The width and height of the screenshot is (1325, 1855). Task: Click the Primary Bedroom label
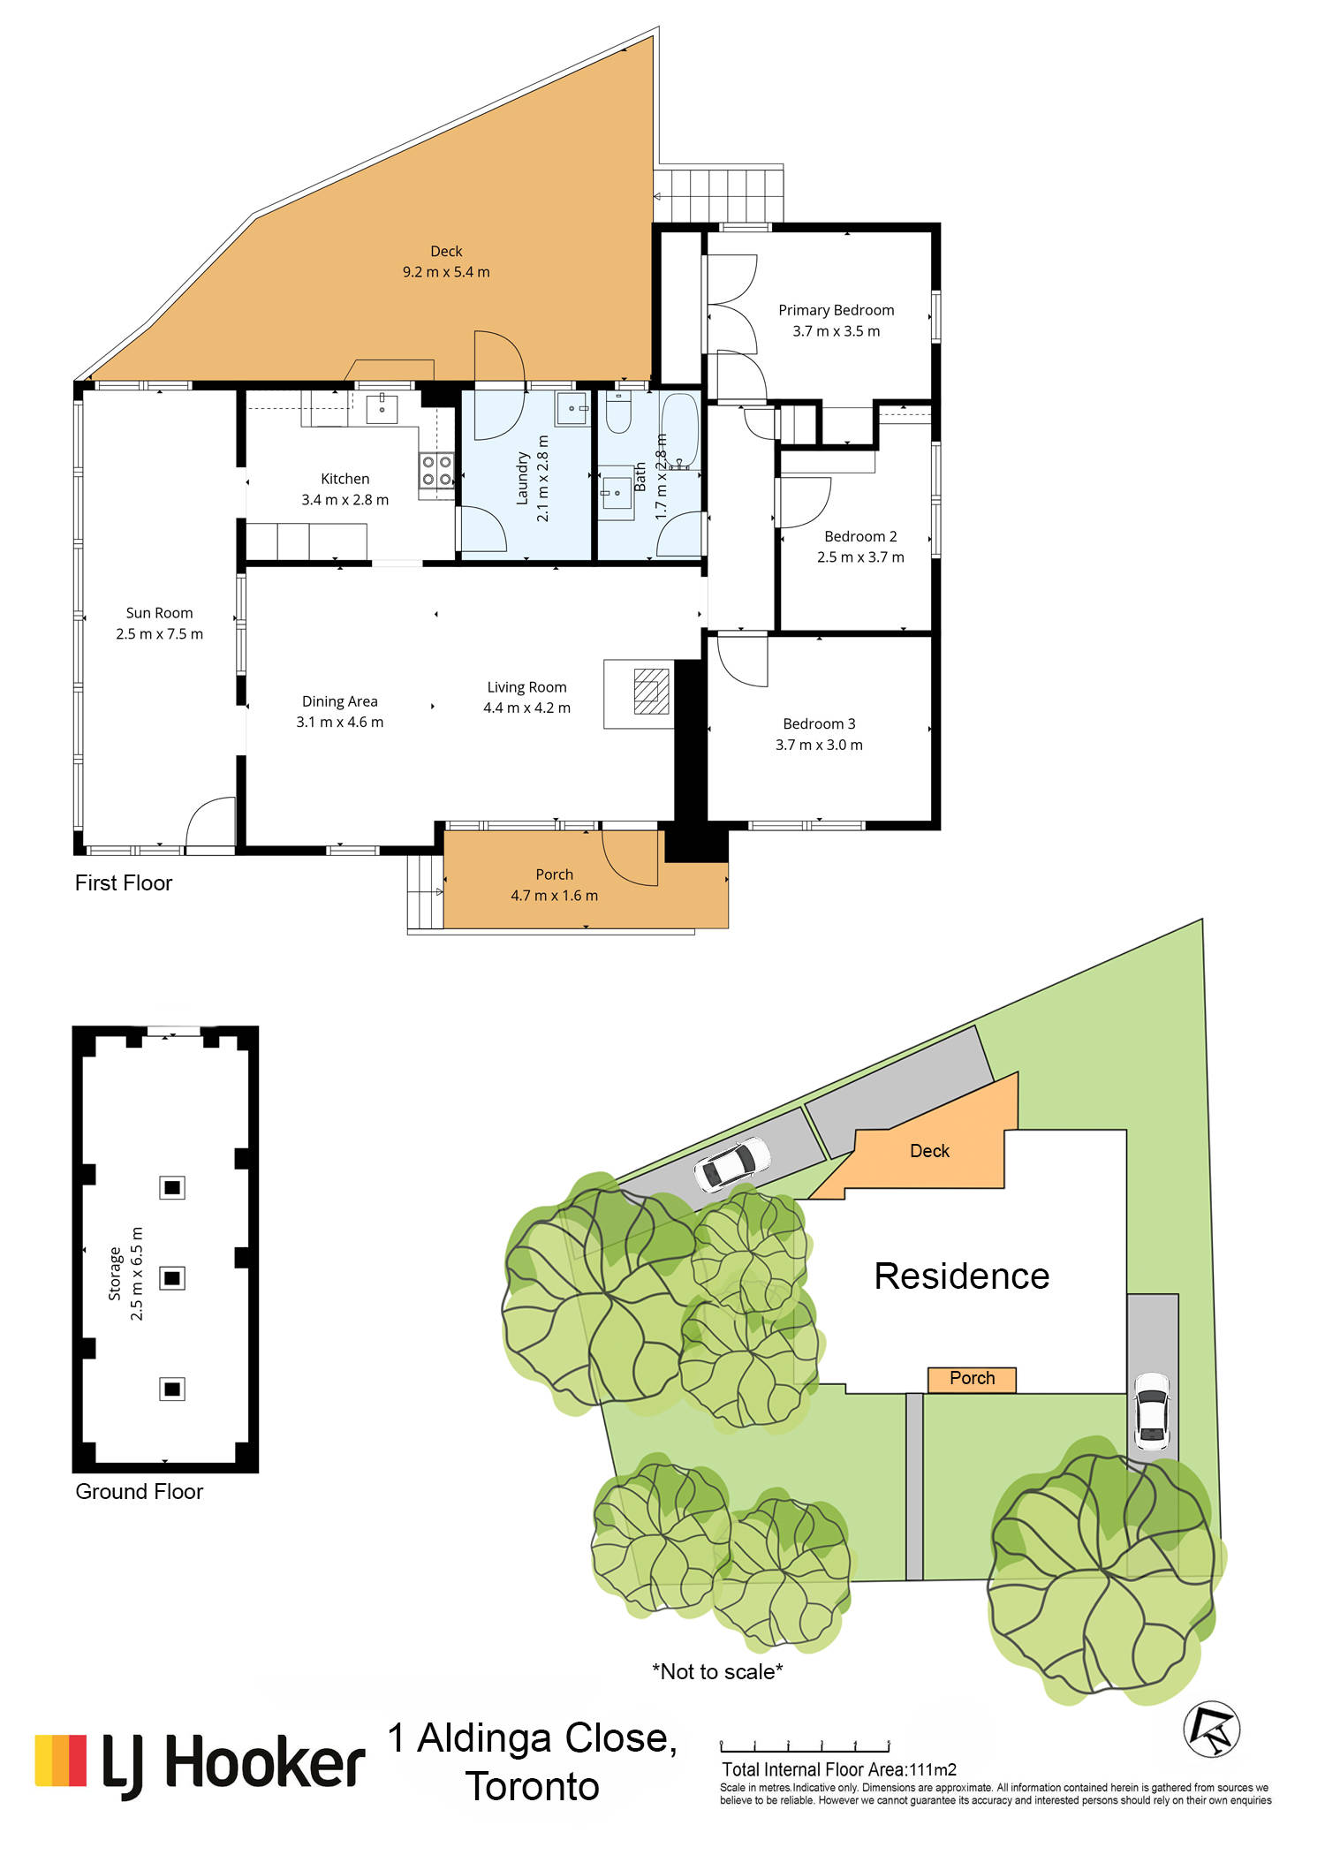pyautogui.click(x=836, y=310)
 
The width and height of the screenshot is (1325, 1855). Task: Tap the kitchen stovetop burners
pyautogui.click(x=436, y=471)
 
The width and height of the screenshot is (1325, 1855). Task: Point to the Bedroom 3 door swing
pyautogui.click(x=742, y=661)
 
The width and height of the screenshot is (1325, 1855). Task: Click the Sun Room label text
pyautogui.click(x=159, y=613)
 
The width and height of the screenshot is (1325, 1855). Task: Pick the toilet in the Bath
pyautogui.click(x=618, y=413)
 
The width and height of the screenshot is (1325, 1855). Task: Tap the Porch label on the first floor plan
pyautogui.click(x=554, y=874)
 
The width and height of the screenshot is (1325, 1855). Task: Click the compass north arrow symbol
pyautogui.click(x=1212, y=1730)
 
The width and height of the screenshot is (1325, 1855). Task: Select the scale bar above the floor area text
pyautogui.click(x=805, y=1745)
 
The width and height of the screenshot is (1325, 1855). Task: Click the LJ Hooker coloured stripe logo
pyautogui.click(x=61, y=1760)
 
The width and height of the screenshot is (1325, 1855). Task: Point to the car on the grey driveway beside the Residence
pyautogui.click(x=1152, y=1411)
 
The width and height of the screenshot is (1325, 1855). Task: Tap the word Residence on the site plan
pyautogui.click(x=962, y=1276)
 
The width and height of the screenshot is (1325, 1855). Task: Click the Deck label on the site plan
pyautogui.click(x=929, y=1151)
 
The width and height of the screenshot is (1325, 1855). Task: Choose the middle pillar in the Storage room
pyautogui.click(x=172, y=1277)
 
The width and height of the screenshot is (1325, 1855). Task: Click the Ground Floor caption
pyautogui.click(x=139, y=1492)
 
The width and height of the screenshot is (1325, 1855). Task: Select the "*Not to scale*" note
pyautogui.click(x=717, y=1671)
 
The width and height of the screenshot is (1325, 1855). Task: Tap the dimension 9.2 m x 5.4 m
pyautogui.click(x=446, y=272)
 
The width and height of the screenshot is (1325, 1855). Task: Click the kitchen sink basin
pyautogui.click(x=382, y=410)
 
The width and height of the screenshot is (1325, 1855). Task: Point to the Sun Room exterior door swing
pyautogui.click(x=210, y=822)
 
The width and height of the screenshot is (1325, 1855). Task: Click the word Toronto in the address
pyautogui.click(x=533, y=1786)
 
